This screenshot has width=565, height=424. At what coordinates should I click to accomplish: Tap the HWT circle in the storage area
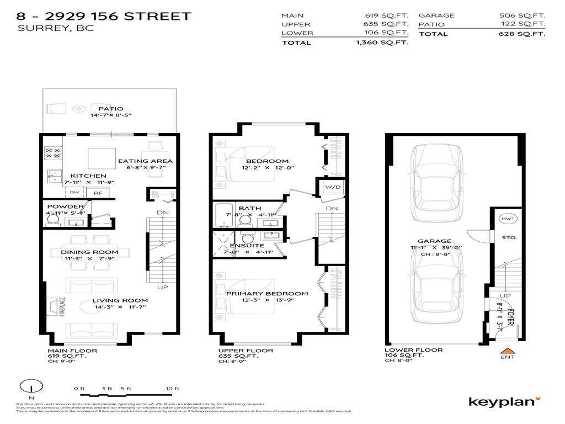click(507, 219)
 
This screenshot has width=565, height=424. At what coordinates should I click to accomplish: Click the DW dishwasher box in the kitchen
click(74, 193)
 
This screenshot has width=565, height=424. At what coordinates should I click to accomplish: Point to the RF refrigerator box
click(98, 193)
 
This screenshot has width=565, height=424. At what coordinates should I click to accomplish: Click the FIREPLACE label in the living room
click(62, 308)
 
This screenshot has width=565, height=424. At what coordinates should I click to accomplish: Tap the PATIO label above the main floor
click(110, 109)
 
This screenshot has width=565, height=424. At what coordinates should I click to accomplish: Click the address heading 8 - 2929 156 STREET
click(105, 16)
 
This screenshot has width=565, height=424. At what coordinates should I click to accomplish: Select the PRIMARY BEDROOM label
click(266, 293)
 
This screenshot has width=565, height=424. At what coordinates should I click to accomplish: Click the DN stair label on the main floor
click(162, 212)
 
